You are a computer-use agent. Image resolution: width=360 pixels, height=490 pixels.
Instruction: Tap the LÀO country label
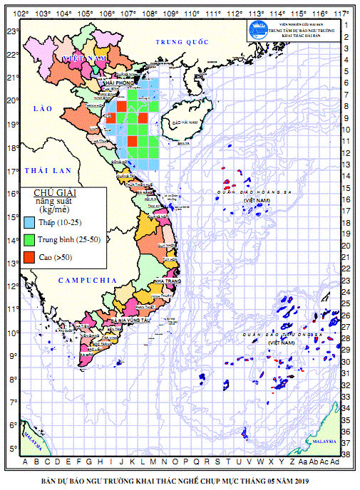coord(42,107)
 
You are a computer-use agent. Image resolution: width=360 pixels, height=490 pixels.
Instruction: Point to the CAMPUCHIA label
coord(87,281)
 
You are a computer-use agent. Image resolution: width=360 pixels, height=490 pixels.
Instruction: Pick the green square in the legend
coord(29,239)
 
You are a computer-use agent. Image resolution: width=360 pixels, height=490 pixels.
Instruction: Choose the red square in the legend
coord(29,256)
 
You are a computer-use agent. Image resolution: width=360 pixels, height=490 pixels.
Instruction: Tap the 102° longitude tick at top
coord(21,13)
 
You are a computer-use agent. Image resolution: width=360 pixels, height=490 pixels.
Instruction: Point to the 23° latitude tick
coord(11,31)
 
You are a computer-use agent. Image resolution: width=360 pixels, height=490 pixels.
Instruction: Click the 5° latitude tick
coord(13,449)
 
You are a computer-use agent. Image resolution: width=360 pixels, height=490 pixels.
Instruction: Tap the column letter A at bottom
coord(26,461)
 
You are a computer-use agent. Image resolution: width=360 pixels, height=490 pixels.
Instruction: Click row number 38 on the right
coord(346,453)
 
